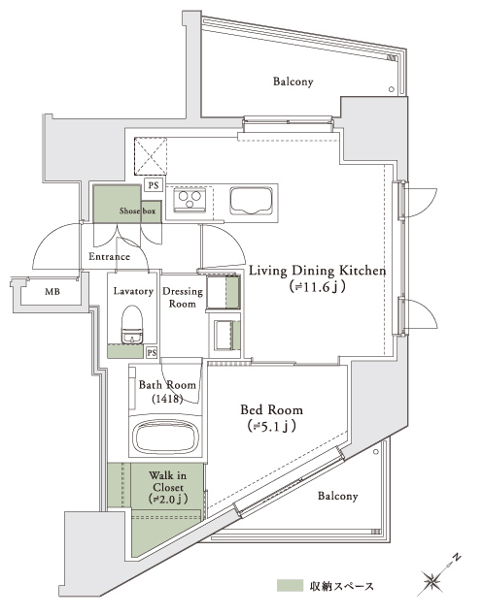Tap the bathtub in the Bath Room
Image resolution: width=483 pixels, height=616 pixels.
tap(165, 437)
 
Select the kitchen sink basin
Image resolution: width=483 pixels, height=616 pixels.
tap(252, 201)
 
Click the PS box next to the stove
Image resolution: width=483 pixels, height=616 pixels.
tap(154, 185)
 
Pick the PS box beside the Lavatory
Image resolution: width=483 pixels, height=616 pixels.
tap(152, 353)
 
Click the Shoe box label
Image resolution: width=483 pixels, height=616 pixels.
tap(137, 211)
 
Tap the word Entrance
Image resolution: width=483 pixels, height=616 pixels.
tap(109, 256)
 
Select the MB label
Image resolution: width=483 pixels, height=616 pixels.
tap(52, 292)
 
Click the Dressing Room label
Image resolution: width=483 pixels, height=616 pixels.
tap(183, 298)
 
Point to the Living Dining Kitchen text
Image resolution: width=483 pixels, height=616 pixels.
tap(318, 271)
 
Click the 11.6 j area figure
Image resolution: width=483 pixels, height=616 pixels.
tap(318, 287)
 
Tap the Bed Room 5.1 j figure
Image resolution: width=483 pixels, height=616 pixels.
tap(271, 426)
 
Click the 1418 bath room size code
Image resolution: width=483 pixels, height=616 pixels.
tap(167, 399)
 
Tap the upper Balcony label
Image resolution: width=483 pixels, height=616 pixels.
tap(293, 81)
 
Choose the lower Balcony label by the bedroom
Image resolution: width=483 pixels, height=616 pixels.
tap(338, 496)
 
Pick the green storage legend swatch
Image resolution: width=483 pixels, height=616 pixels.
tap(291, 585)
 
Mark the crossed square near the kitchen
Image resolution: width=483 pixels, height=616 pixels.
tap(151, 155)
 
